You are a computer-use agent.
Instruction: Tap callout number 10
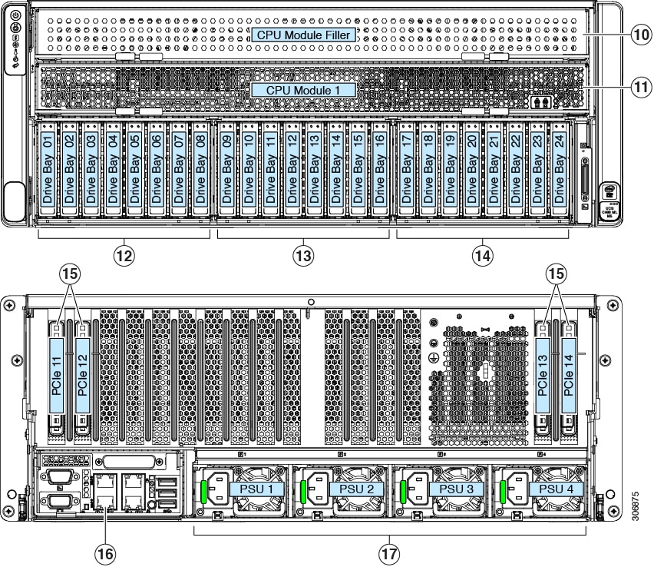(640, 34)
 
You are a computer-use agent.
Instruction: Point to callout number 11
(640, 87)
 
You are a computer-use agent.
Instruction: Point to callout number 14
(483, 255)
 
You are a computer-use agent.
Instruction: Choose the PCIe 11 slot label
(57, 369)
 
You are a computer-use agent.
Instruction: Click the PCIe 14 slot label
(569, 369)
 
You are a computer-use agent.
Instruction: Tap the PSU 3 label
(444, 489)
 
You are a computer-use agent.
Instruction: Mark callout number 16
(104, 552)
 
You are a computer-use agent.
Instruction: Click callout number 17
(390, 552)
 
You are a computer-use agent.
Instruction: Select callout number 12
(124, 255)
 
